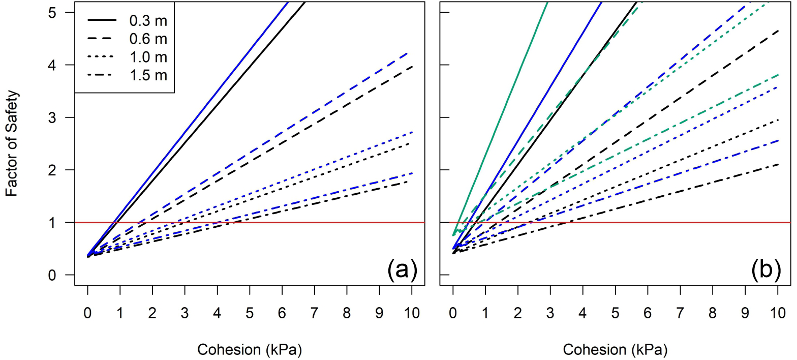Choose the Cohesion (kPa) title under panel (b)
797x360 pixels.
coord(615,350)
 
